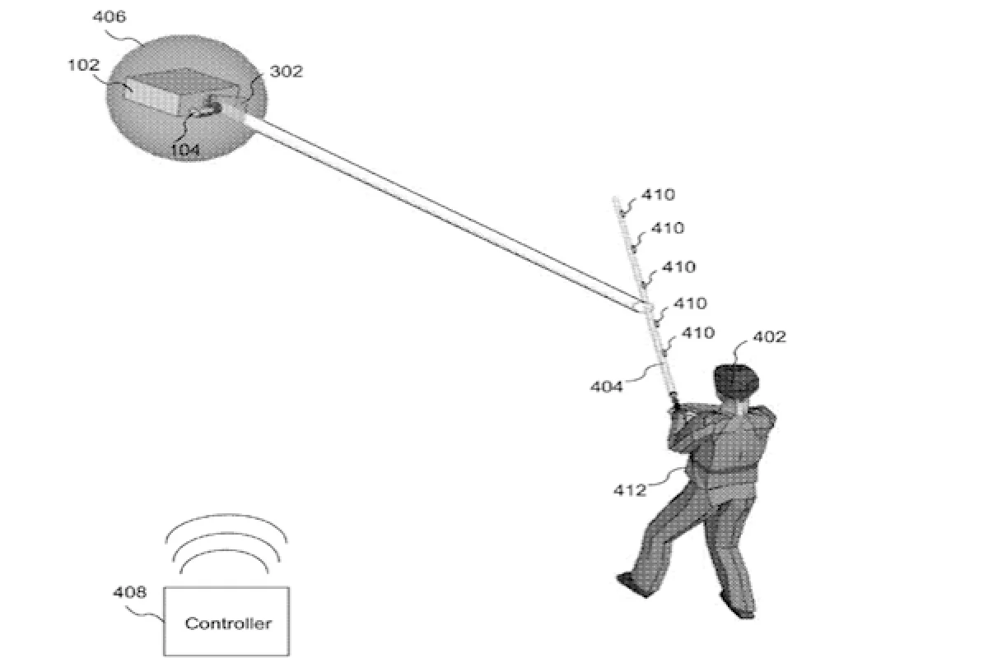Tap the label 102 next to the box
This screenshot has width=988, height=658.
[83, 66]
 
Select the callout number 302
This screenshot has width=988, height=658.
[287, 72]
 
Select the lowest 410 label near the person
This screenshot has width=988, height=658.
[697, 333]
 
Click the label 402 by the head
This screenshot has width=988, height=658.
[770, 336]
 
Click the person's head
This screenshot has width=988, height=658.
[735, 382]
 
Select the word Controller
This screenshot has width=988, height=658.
[228, 623]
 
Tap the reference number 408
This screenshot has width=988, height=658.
[130, 591]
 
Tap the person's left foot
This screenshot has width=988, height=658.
[630, 581]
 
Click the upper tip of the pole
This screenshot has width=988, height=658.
[616, 200]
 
